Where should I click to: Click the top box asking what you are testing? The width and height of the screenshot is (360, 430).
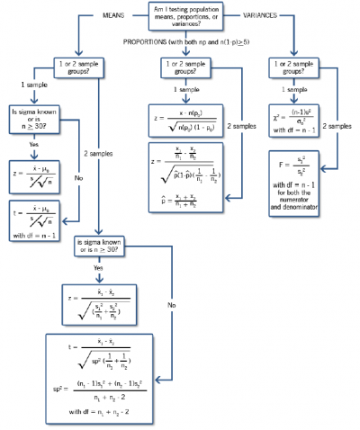[185, 16]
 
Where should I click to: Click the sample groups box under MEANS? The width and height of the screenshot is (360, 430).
[58, 70]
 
